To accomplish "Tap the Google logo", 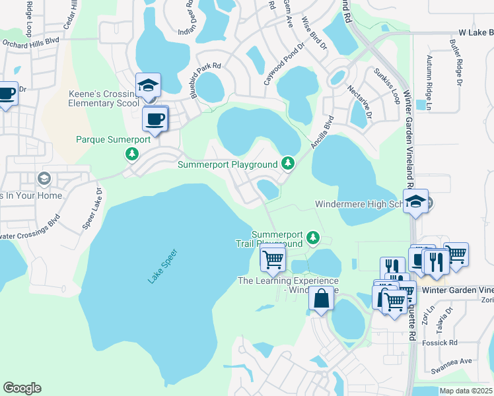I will point(22,388).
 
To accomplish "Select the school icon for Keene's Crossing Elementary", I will point(148,86).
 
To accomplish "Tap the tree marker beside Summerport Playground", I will point(287,162).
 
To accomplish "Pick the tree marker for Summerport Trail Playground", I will point(315,238).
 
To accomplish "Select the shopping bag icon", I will point(321,298).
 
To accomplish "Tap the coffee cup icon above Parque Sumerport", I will point(155,119).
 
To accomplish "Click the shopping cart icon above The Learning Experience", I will point(273,259).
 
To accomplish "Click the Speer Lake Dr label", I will point(92,209).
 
